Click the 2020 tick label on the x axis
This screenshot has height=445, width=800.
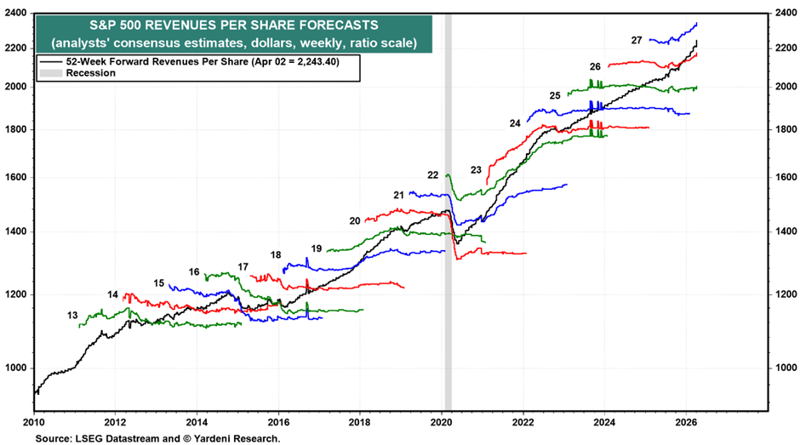443,421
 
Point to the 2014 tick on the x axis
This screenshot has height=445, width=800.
197,421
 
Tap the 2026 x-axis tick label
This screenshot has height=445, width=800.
687,421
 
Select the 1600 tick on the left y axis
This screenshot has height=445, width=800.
16,178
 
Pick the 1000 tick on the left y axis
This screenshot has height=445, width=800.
16,368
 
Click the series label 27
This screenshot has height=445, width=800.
637,40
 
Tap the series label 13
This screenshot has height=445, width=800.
73,316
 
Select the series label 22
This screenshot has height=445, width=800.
433,175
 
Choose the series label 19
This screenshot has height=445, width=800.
317,248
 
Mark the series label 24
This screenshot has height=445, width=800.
515,123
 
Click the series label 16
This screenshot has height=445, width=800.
194,272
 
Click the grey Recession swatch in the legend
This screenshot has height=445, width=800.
47,73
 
